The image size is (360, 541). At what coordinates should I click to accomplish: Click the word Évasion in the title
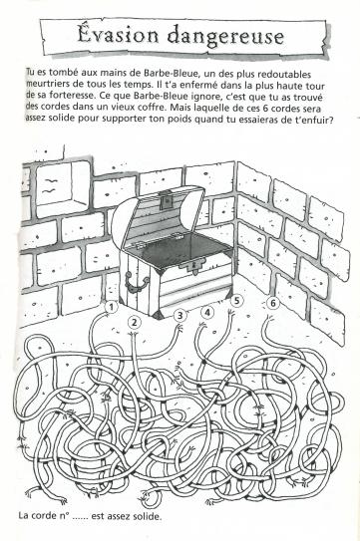(117, 35)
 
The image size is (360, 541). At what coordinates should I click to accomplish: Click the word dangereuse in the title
(225, 37)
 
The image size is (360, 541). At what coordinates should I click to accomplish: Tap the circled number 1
(111, 307)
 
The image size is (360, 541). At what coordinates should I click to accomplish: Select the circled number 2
(135, 323)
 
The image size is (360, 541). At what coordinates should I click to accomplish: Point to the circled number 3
(180, 315)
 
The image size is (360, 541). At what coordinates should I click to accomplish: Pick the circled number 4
(207, 313)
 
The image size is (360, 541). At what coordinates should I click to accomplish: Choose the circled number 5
(236, 301)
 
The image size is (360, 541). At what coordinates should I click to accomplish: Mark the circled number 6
(273, 303)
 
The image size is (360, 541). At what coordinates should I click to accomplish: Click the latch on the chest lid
(166, 200)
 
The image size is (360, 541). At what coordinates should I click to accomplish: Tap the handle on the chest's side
(137, 281)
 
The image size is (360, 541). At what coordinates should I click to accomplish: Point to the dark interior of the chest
(183, 248)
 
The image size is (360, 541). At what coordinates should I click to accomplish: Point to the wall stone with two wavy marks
(54, 185)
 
